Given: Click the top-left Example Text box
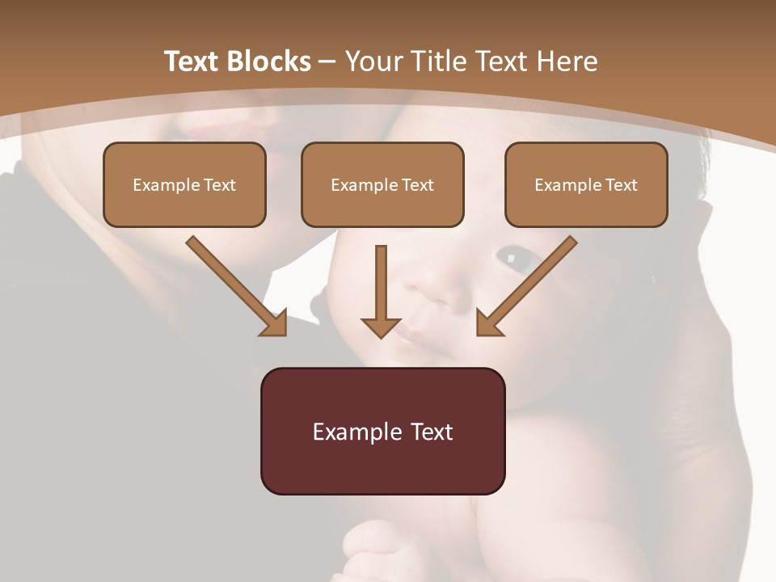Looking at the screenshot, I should [x=184, y=185].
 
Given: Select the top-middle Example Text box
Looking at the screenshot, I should [x=382, y=185].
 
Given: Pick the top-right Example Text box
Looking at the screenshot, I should [x=586, y=185].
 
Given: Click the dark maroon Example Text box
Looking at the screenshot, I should [x=382, y=432].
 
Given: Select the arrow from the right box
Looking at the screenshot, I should [x=529, y=283].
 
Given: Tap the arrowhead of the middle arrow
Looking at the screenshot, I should [x=381, y=327].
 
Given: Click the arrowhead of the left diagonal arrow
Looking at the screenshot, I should [x=274, y=323].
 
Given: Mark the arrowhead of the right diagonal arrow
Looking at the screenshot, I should [x=488, y=323].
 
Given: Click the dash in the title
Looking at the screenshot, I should [x=327, y=61].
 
